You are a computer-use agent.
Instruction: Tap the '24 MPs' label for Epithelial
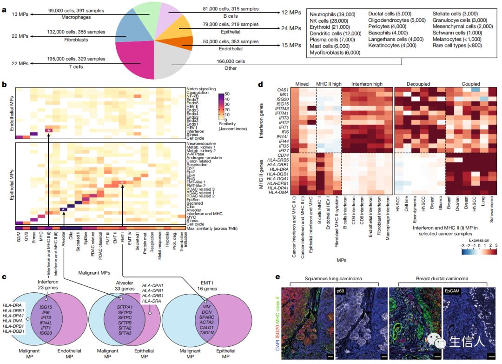(292, 28)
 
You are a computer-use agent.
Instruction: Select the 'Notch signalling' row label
(201, 88)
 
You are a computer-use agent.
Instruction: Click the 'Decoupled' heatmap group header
(419, 84)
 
